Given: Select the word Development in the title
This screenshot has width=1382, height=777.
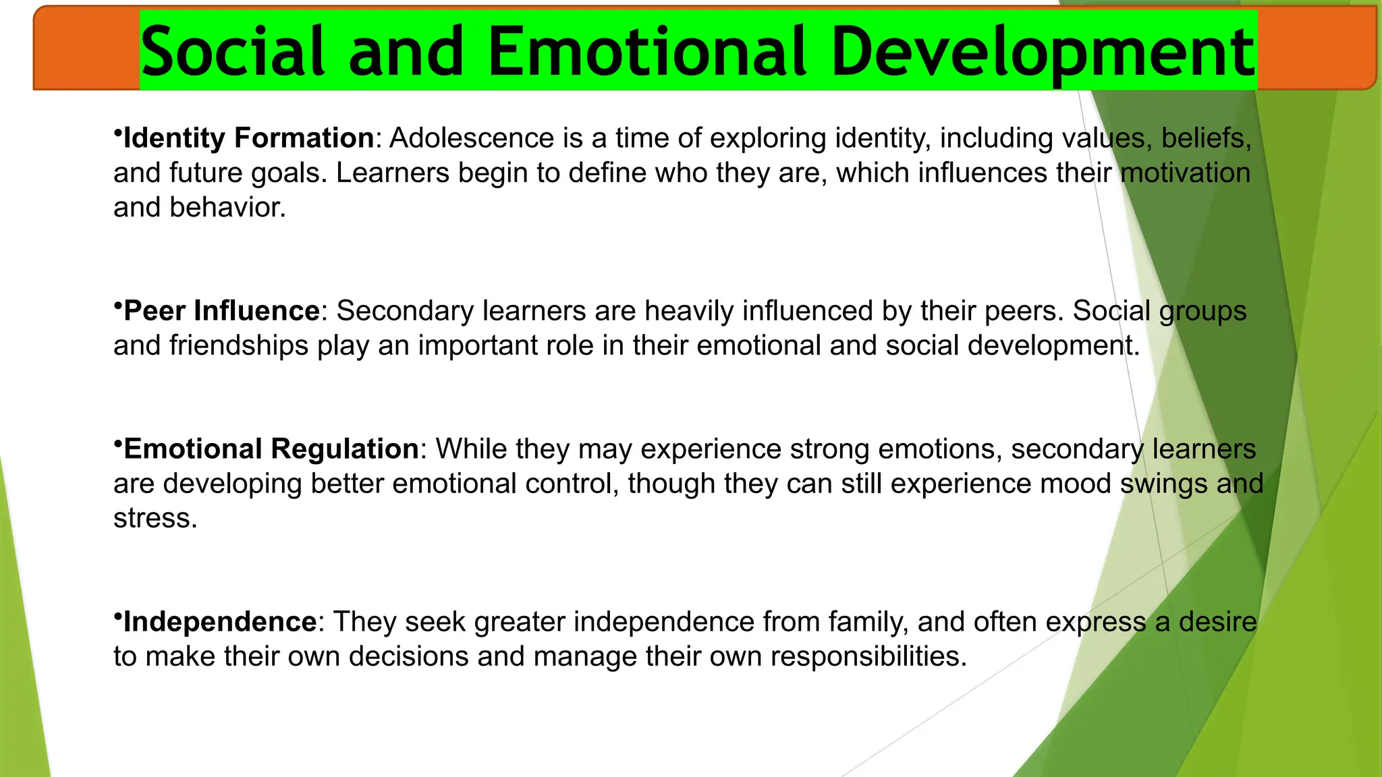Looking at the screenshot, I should [1043, 51].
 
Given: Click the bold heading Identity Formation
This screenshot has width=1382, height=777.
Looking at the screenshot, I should [248, 138].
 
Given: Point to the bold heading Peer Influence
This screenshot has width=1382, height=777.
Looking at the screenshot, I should [221, 311].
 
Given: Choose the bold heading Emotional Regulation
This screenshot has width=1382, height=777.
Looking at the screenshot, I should [271, 449].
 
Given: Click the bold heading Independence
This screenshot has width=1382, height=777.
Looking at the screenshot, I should [219, 622].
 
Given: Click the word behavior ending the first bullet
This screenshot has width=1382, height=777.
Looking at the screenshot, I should [227, 208].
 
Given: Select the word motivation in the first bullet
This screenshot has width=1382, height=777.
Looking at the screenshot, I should [1185, 173].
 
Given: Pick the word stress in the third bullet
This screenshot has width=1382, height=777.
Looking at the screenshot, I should [155, 519].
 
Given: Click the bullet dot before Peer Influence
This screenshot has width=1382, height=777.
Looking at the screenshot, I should [117, 304].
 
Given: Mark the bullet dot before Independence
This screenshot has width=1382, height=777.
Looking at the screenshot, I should [117, 615].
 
